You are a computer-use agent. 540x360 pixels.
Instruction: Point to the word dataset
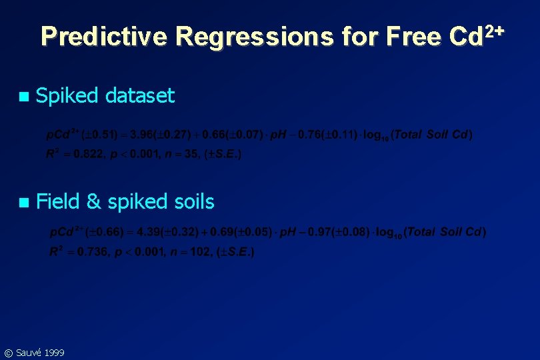click(140, 96)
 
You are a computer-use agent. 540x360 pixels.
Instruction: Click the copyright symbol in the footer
click(8, 353)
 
